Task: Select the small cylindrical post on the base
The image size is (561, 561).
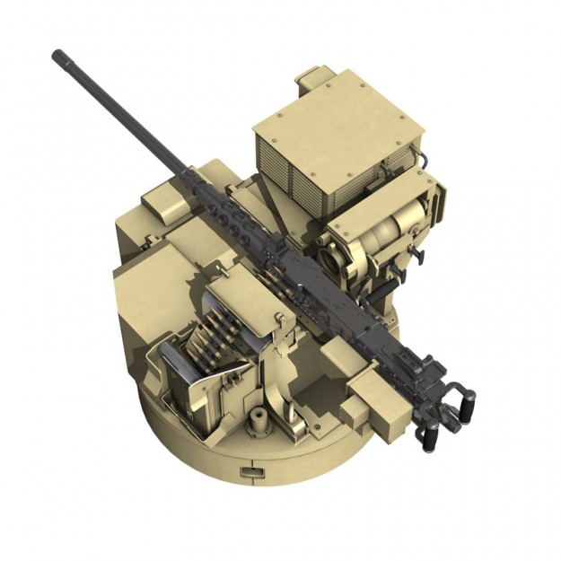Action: click(x=259, y=417)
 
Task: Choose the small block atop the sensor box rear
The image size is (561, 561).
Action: click(x=313, y=77)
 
